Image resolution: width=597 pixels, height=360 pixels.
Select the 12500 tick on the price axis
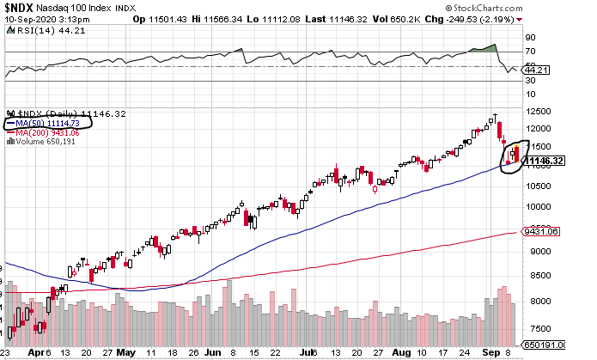point(536,112)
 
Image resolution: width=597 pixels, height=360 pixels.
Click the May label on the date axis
point(126,352)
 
